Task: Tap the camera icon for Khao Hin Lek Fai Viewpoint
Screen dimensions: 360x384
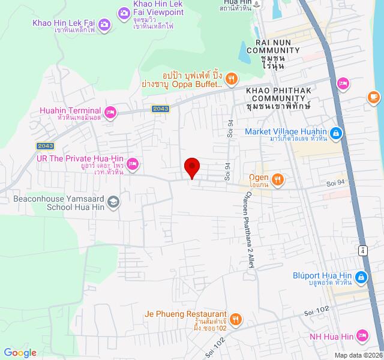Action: [124, 12]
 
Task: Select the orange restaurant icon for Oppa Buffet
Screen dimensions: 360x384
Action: [231, 77]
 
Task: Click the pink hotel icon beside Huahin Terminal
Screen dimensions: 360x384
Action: [110, 112]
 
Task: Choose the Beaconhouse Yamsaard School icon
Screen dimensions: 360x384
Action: [113, 202]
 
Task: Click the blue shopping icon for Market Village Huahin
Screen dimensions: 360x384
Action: [337, 133]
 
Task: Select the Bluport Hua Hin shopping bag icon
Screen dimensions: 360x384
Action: [361, 277]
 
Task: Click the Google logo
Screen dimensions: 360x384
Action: [20, 353]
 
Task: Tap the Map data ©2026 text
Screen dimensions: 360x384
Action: [357, 355]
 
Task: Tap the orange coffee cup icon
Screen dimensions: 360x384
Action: [373, 96]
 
